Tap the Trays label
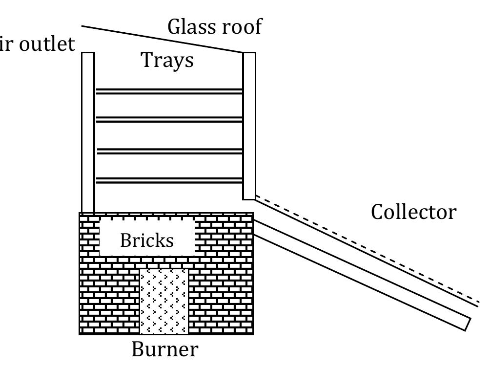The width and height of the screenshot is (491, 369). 167,61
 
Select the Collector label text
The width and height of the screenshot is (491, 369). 413,213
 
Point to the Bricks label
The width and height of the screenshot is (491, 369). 146,240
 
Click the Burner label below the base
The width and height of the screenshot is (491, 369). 165,349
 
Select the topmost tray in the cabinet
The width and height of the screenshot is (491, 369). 169,91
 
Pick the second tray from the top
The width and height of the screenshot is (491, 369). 169,119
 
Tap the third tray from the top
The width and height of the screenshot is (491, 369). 169,151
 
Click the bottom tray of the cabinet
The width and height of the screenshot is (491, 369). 169,180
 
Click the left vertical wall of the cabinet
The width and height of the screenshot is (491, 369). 88,132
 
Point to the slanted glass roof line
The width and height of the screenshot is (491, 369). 161,39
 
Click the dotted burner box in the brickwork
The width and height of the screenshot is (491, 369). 164,301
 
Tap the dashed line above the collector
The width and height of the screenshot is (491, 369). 366,248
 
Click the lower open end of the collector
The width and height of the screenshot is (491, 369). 468,324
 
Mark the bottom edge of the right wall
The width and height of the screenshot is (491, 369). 249,199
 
